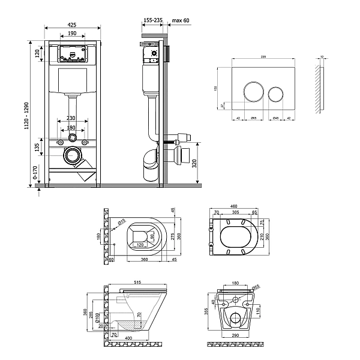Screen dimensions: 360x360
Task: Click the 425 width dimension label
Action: (72, 25)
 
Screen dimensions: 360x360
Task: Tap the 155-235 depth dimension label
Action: (152, 20)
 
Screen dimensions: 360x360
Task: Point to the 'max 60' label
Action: (181, 20)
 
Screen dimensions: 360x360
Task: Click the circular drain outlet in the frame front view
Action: (73, 155)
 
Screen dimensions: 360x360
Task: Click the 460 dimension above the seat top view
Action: (232, 207)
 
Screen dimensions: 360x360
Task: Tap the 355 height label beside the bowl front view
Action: (207, 311)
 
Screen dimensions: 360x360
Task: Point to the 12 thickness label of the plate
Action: (322, 56)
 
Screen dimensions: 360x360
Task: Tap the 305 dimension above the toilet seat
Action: (236, 213)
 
